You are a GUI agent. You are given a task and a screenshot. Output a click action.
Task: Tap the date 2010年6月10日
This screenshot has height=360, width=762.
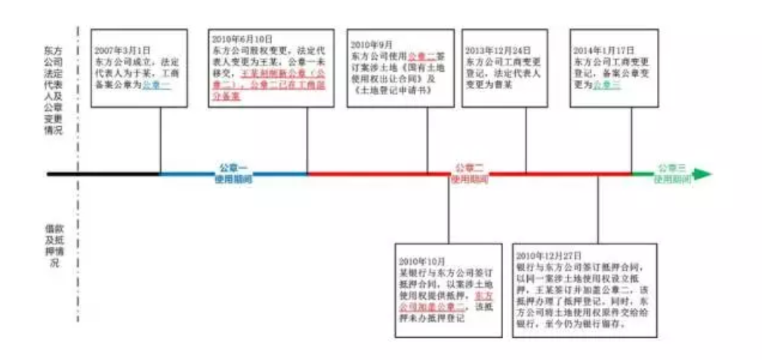tap(237, 37)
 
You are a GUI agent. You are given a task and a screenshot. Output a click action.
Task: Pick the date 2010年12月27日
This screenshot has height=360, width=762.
tap(550, 254)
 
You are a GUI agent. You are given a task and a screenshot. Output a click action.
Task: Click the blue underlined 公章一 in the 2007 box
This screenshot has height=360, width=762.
tap(156, 85)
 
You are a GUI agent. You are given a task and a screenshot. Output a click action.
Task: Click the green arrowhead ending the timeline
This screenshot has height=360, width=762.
tap(702, 174)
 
